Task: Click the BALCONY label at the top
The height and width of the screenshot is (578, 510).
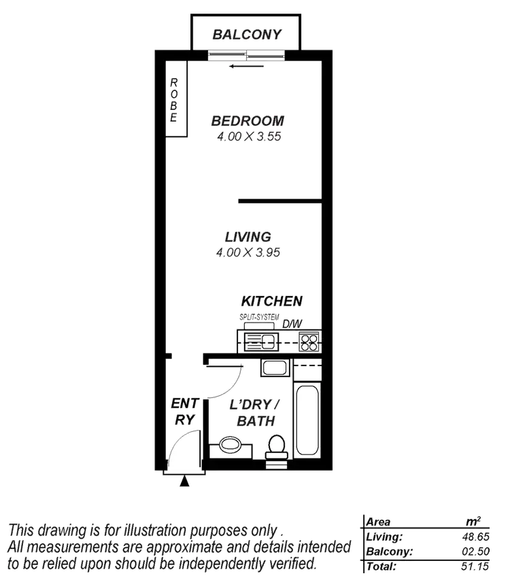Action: [246, 34]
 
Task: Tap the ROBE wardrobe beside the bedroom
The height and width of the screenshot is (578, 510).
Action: [173, 99]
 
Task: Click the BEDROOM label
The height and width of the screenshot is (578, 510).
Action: [248, 121]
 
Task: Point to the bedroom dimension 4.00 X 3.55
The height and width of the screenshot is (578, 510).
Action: [248, 136]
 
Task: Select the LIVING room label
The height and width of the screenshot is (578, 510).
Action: [248, 237]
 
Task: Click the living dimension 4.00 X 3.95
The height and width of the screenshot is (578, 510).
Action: [248, 253]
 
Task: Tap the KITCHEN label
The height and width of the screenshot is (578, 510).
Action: [271, 301]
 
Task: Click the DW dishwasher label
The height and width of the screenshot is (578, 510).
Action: [292, 324]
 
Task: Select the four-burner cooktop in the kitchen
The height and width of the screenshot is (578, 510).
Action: [309, 341]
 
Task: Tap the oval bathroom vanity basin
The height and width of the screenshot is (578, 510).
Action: [229, 446]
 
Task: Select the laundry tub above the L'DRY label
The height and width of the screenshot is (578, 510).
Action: [275, 369]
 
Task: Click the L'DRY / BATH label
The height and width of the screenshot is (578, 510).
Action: [255, 413]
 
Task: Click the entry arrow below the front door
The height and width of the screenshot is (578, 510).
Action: [184, 482]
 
